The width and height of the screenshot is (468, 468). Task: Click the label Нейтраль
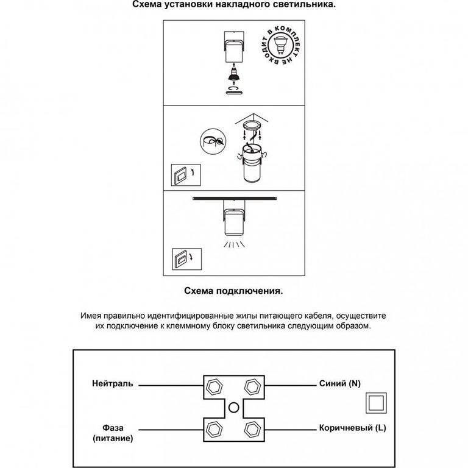(113, 383)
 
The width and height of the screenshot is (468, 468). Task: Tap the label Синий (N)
(340, 383)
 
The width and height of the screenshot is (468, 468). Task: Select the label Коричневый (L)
(352, 428)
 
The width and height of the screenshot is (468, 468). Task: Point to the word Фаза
(113, 428)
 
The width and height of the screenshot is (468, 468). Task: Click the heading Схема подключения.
(233, 291)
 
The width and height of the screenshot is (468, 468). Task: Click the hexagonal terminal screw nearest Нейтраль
(214, 388)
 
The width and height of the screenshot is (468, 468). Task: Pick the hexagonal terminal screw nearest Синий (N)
(253, 387)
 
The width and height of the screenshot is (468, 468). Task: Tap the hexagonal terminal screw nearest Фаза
(214, 430)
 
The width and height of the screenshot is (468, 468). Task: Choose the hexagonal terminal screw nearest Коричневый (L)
(253, 430)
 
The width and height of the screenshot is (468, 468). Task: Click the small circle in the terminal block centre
(234, 408)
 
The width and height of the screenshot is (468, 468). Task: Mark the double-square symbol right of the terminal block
(376, 403)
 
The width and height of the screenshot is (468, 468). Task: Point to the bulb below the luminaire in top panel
(234, 75)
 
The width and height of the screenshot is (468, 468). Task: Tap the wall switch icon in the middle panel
(186, 175)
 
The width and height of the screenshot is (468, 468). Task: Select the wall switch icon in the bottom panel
(187, 259)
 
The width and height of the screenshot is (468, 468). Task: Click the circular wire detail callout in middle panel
(213, 141)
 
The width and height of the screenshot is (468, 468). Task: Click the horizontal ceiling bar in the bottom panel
(235, 198)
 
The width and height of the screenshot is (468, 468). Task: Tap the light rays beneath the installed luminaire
(234, 244)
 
